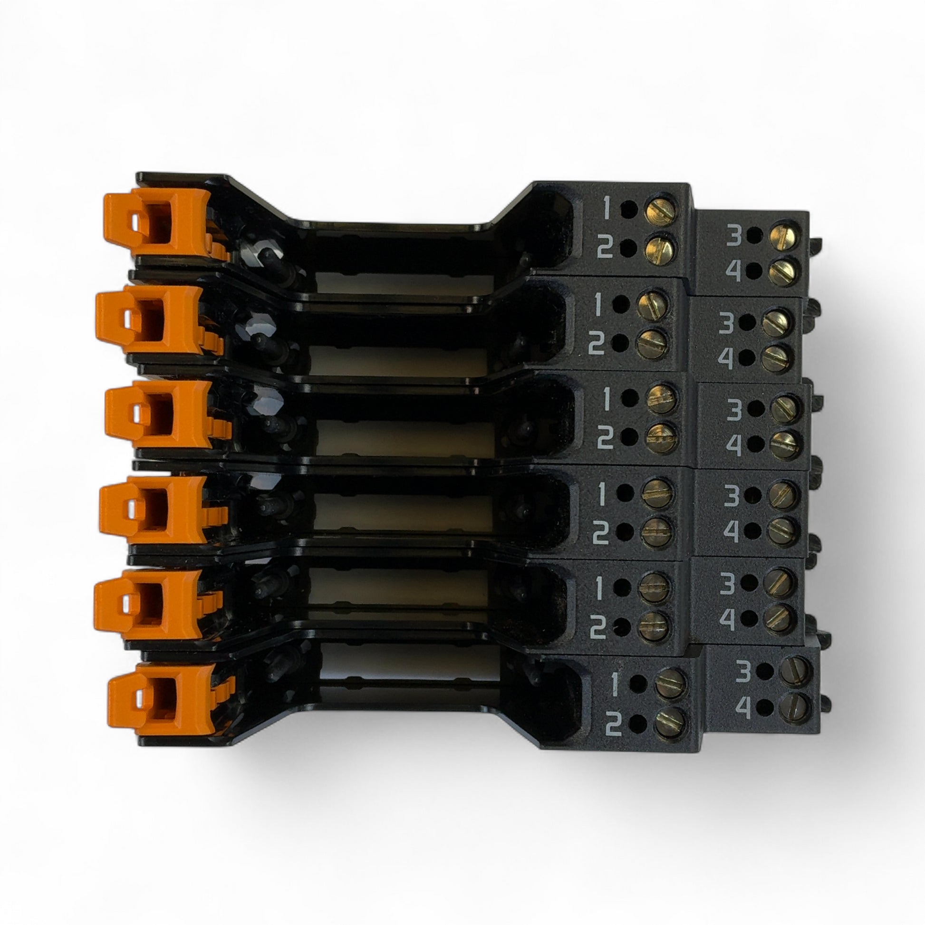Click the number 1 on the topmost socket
pos(607,208)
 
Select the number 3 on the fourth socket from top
pos(731,497)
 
